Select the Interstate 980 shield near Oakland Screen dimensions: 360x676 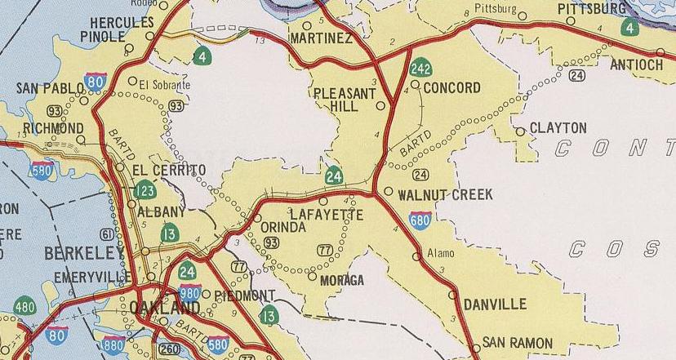coord(189,292)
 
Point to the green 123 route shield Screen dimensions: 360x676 coord(145,191)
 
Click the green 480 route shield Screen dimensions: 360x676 coord(24,306)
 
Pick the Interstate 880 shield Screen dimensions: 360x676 coord(113,344)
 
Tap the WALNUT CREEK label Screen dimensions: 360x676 coord(445,195)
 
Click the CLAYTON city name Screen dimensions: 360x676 coord(558,128)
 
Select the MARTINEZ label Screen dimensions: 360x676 coord(322,39)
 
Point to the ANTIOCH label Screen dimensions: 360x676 coord(634,64)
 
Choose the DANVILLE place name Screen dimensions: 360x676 coord(495,304)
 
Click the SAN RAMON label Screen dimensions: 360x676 coord(517,343)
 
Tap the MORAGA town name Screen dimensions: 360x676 coord(342,280)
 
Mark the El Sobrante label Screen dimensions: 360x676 coord(164,84)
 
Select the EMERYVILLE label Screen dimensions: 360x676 coord(93,278)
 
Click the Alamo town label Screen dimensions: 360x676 coord(441,253)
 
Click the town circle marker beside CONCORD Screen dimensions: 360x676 coord(415,84)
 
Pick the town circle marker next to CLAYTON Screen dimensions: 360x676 coord(520,131)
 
